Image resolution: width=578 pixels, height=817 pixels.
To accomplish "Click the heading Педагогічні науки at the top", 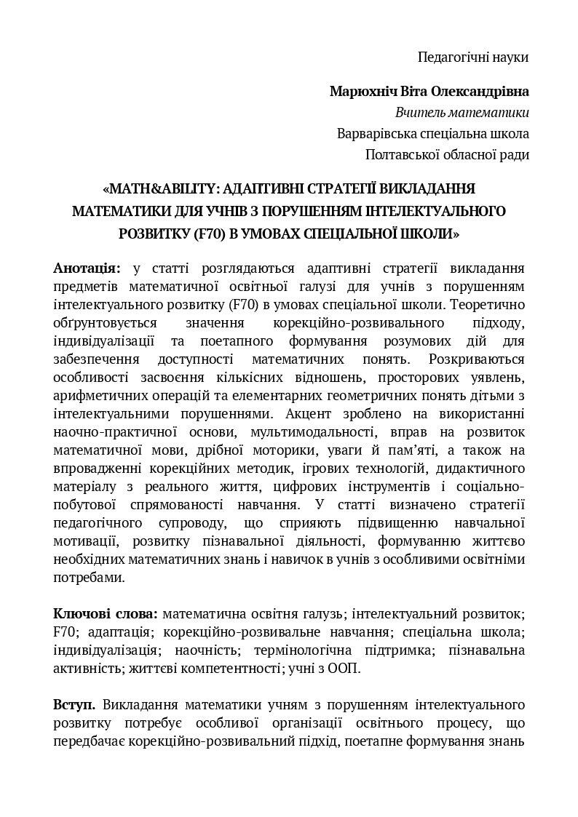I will (473, 57).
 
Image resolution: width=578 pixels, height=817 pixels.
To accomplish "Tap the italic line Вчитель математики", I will (462, 113).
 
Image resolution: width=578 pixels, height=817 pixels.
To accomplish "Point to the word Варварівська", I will (372, 134).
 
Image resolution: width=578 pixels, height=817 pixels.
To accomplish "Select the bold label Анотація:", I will (87, 268).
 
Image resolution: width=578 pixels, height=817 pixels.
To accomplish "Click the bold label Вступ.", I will (74, 705).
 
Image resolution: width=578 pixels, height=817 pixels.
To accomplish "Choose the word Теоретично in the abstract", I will (492, 303).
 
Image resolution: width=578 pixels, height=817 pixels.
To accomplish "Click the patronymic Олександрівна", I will (480, 92).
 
